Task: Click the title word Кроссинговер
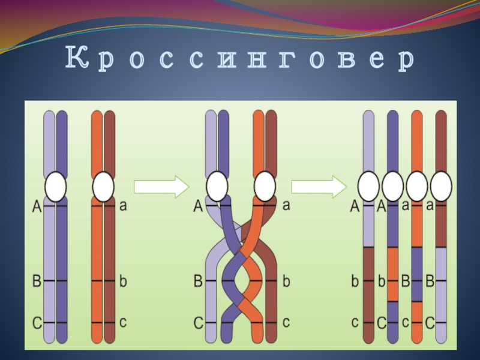pyautogui.click(x=240, y=60)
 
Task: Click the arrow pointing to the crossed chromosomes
pyautogui.click(x=161, y=187)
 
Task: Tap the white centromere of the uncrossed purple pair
pyautogui.click(x=55, y=187)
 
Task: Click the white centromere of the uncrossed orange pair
pyautogui.click(x=103, y=187)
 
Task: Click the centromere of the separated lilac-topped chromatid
pyautogui.click(x=368, y=187)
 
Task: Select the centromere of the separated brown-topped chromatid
pyautogui.click(x=441, y=187)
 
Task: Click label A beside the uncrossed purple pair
pyautogui.click(x=36, y=207)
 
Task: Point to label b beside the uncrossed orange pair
pyautogui.click(x=123, y=281)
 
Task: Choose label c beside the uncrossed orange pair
pyautogui.click(x=123, y=323)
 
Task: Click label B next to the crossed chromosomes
pyautogui.click(x=198, y=281)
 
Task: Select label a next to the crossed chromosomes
pyautogui.click(x=286, y=206)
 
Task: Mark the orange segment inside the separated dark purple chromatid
pyautogui.click(x=392, y=274)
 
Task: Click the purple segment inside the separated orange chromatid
pyautogui.click(x=417, y=274)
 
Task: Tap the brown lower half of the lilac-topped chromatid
pyautogui.click(x=368, y=294)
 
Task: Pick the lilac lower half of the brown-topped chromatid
pyautogui.click(x=441, y=294)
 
